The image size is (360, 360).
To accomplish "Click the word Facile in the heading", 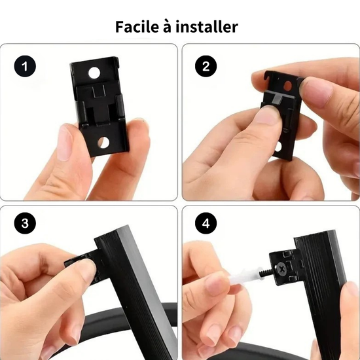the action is click(x=137, y=27).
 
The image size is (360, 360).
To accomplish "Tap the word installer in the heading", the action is click(x=207, y=27).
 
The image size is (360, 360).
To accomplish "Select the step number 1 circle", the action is click(x=25, y=66).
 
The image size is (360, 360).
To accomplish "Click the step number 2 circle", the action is click(x=206, y=66).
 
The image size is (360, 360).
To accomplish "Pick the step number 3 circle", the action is click(x=25, y=223).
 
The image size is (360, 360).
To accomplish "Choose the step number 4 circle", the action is click(x=206, y=223).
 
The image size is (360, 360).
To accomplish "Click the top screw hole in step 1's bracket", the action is click(x=94, y=73).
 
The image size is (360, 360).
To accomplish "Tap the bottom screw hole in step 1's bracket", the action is click(x=103, y=142).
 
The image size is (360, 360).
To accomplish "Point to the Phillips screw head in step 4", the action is click(x=281, y=268).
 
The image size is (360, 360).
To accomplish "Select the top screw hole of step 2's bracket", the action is click(x=287, y=86).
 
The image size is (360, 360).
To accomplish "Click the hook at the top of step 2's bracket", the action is click(x=267, y=76).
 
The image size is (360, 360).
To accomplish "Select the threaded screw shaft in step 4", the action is click(x=267, y=272).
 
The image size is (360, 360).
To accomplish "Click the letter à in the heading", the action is click(x=168, y=27).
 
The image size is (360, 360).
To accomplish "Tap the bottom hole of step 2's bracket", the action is click(x=278, y=147).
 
